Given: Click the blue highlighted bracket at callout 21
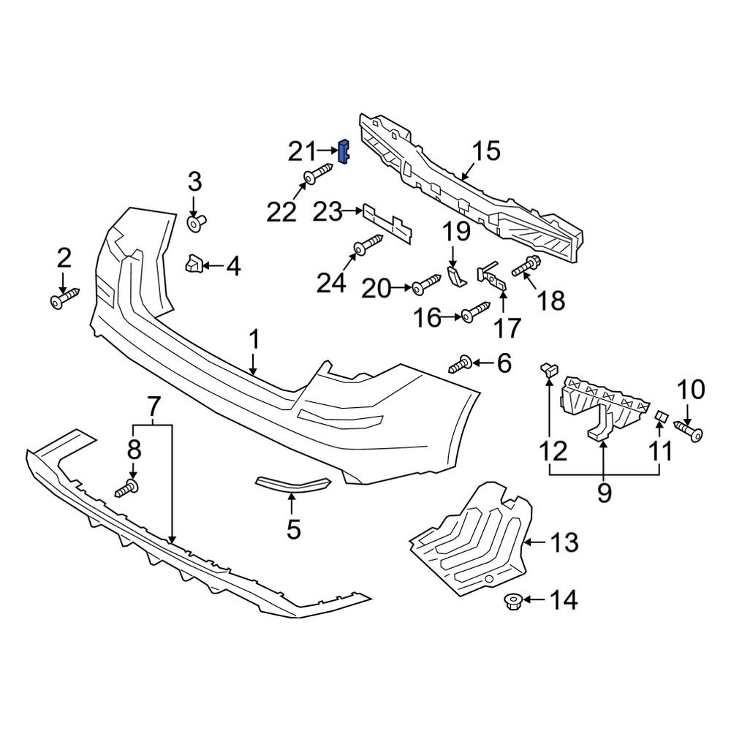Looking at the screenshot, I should coord(343,151).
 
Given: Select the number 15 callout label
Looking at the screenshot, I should coord(485,151).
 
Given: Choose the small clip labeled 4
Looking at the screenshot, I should coord(194,264).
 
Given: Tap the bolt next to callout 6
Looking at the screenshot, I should coord(460,363).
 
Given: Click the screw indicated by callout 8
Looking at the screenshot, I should coord(128,487).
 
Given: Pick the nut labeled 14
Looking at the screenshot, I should coord(511,602).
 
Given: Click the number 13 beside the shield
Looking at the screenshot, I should coord(564,542).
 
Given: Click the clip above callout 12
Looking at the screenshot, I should coord(548,367).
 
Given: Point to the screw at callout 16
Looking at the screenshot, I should coord(475,313).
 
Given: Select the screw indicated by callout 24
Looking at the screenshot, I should coord(368,246).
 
